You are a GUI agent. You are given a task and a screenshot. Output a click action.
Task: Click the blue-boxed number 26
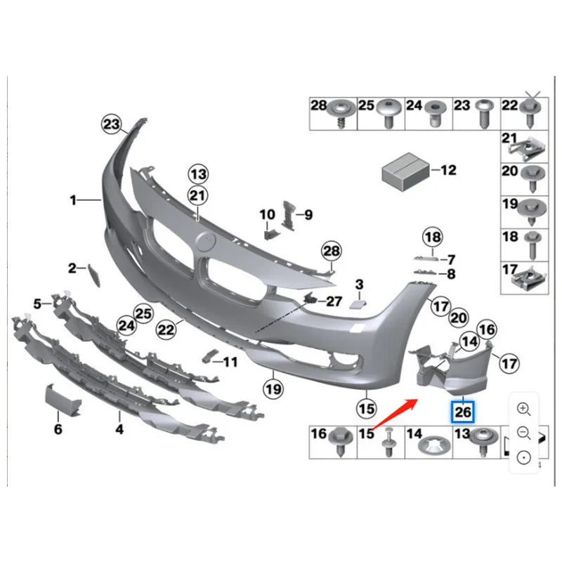[462, 412]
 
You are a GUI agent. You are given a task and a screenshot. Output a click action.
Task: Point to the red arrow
[396, 414]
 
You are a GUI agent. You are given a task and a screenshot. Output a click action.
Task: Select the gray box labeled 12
[405, 172]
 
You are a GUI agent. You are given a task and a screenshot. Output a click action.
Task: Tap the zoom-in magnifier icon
[523, 409]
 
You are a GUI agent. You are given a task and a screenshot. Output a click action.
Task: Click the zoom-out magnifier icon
[523, 433]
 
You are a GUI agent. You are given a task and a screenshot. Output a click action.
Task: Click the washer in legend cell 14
[435, 446]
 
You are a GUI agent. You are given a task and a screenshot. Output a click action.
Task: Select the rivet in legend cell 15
[389, 442]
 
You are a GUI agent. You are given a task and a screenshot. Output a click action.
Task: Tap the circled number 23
[111, 124]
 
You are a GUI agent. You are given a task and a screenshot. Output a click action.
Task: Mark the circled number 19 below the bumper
[273, 389]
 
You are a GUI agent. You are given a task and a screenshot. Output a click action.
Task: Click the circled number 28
[332, 251]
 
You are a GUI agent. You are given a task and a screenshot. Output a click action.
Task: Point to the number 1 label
[73, 200]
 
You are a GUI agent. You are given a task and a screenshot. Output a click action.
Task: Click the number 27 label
[334, 301]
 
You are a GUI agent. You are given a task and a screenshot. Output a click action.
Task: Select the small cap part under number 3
[358, 305]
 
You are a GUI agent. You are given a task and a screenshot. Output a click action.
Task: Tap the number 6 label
[58, 429]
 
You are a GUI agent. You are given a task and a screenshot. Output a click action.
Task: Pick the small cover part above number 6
[63, 400]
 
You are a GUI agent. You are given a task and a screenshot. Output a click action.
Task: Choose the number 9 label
[308, 215]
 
